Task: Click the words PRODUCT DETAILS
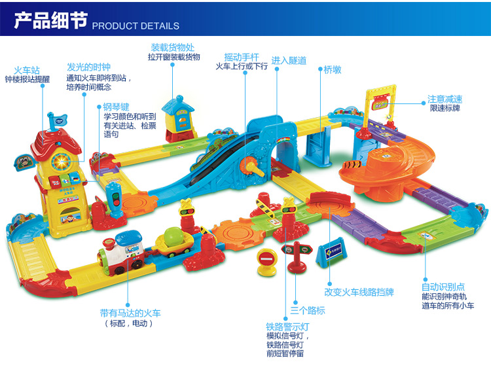136,26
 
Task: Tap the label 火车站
27,69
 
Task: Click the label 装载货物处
173,47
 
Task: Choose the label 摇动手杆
242,56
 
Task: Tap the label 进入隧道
289,60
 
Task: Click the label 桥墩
333,69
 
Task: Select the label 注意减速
445,98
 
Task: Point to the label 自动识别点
443,287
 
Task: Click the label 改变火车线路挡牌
359,293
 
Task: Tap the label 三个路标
308,310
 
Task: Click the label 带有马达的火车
130,313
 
